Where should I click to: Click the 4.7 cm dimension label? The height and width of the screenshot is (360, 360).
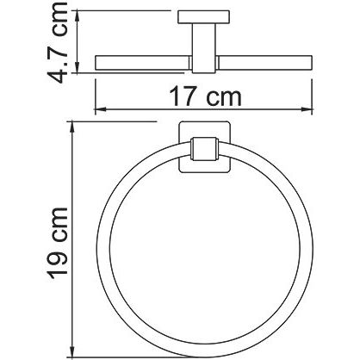[58, 42]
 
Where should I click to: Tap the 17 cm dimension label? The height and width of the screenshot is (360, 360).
[205, 96]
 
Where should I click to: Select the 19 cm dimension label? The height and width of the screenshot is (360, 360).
[59, 243]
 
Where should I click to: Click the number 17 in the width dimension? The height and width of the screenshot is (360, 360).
[183, 96]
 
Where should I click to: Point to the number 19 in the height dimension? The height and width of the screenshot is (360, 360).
[59, 265]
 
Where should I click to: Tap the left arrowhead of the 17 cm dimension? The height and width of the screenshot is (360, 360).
[101, 109]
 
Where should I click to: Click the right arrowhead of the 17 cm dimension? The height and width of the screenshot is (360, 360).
[307, 109]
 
